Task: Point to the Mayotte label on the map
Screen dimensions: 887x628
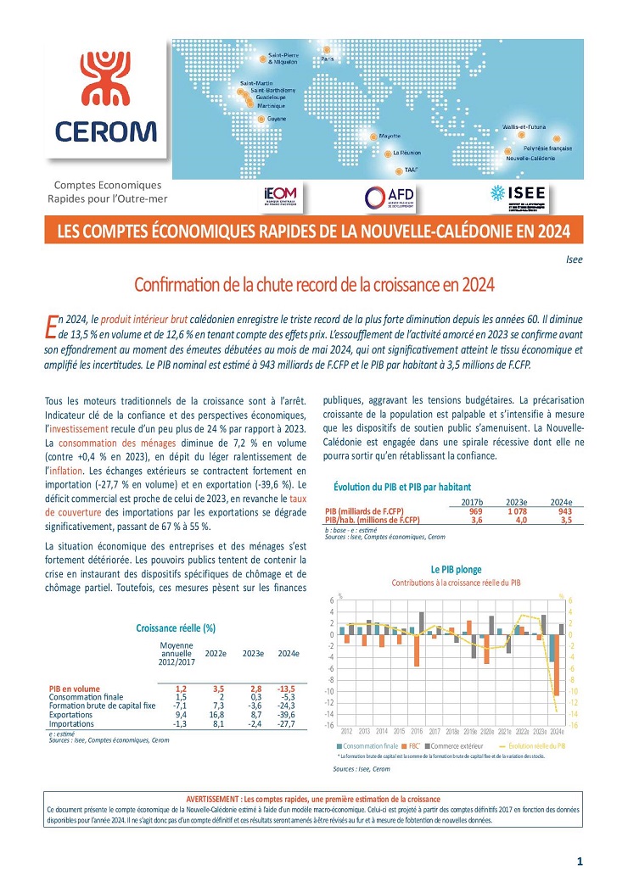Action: (x=390, y=136)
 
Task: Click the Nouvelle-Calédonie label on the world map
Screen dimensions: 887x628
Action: (x=530, y=159)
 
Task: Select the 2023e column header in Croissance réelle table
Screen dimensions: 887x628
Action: (x=252, y=654)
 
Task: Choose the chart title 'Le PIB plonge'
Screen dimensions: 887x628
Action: (x=456, y=569)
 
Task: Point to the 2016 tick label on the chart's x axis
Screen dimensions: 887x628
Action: (x=418, y=731)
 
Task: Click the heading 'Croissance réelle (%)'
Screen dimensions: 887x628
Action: (x=176, y=628)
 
